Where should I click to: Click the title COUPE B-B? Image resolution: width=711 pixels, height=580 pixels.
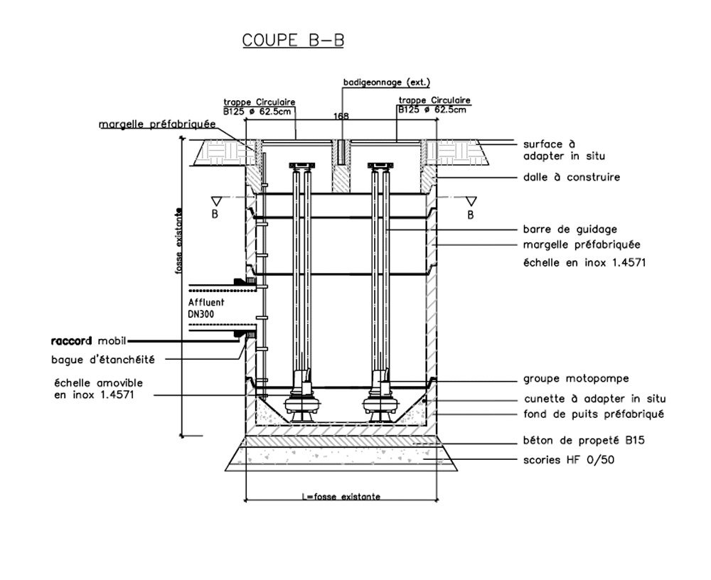point(293,40)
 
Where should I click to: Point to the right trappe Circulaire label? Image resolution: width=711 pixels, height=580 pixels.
point(434,105)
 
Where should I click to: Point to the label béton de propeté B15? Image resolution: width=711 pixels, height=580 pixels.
point(582,441)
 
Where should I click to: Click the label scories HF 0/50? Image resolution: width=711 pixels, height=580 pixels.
point(568,460)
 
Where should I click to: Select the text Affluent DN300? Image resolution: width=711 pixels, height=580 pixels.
point(206,307)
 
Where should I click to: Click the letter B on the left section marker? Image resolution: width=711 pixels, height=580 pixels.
point(214,215)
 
